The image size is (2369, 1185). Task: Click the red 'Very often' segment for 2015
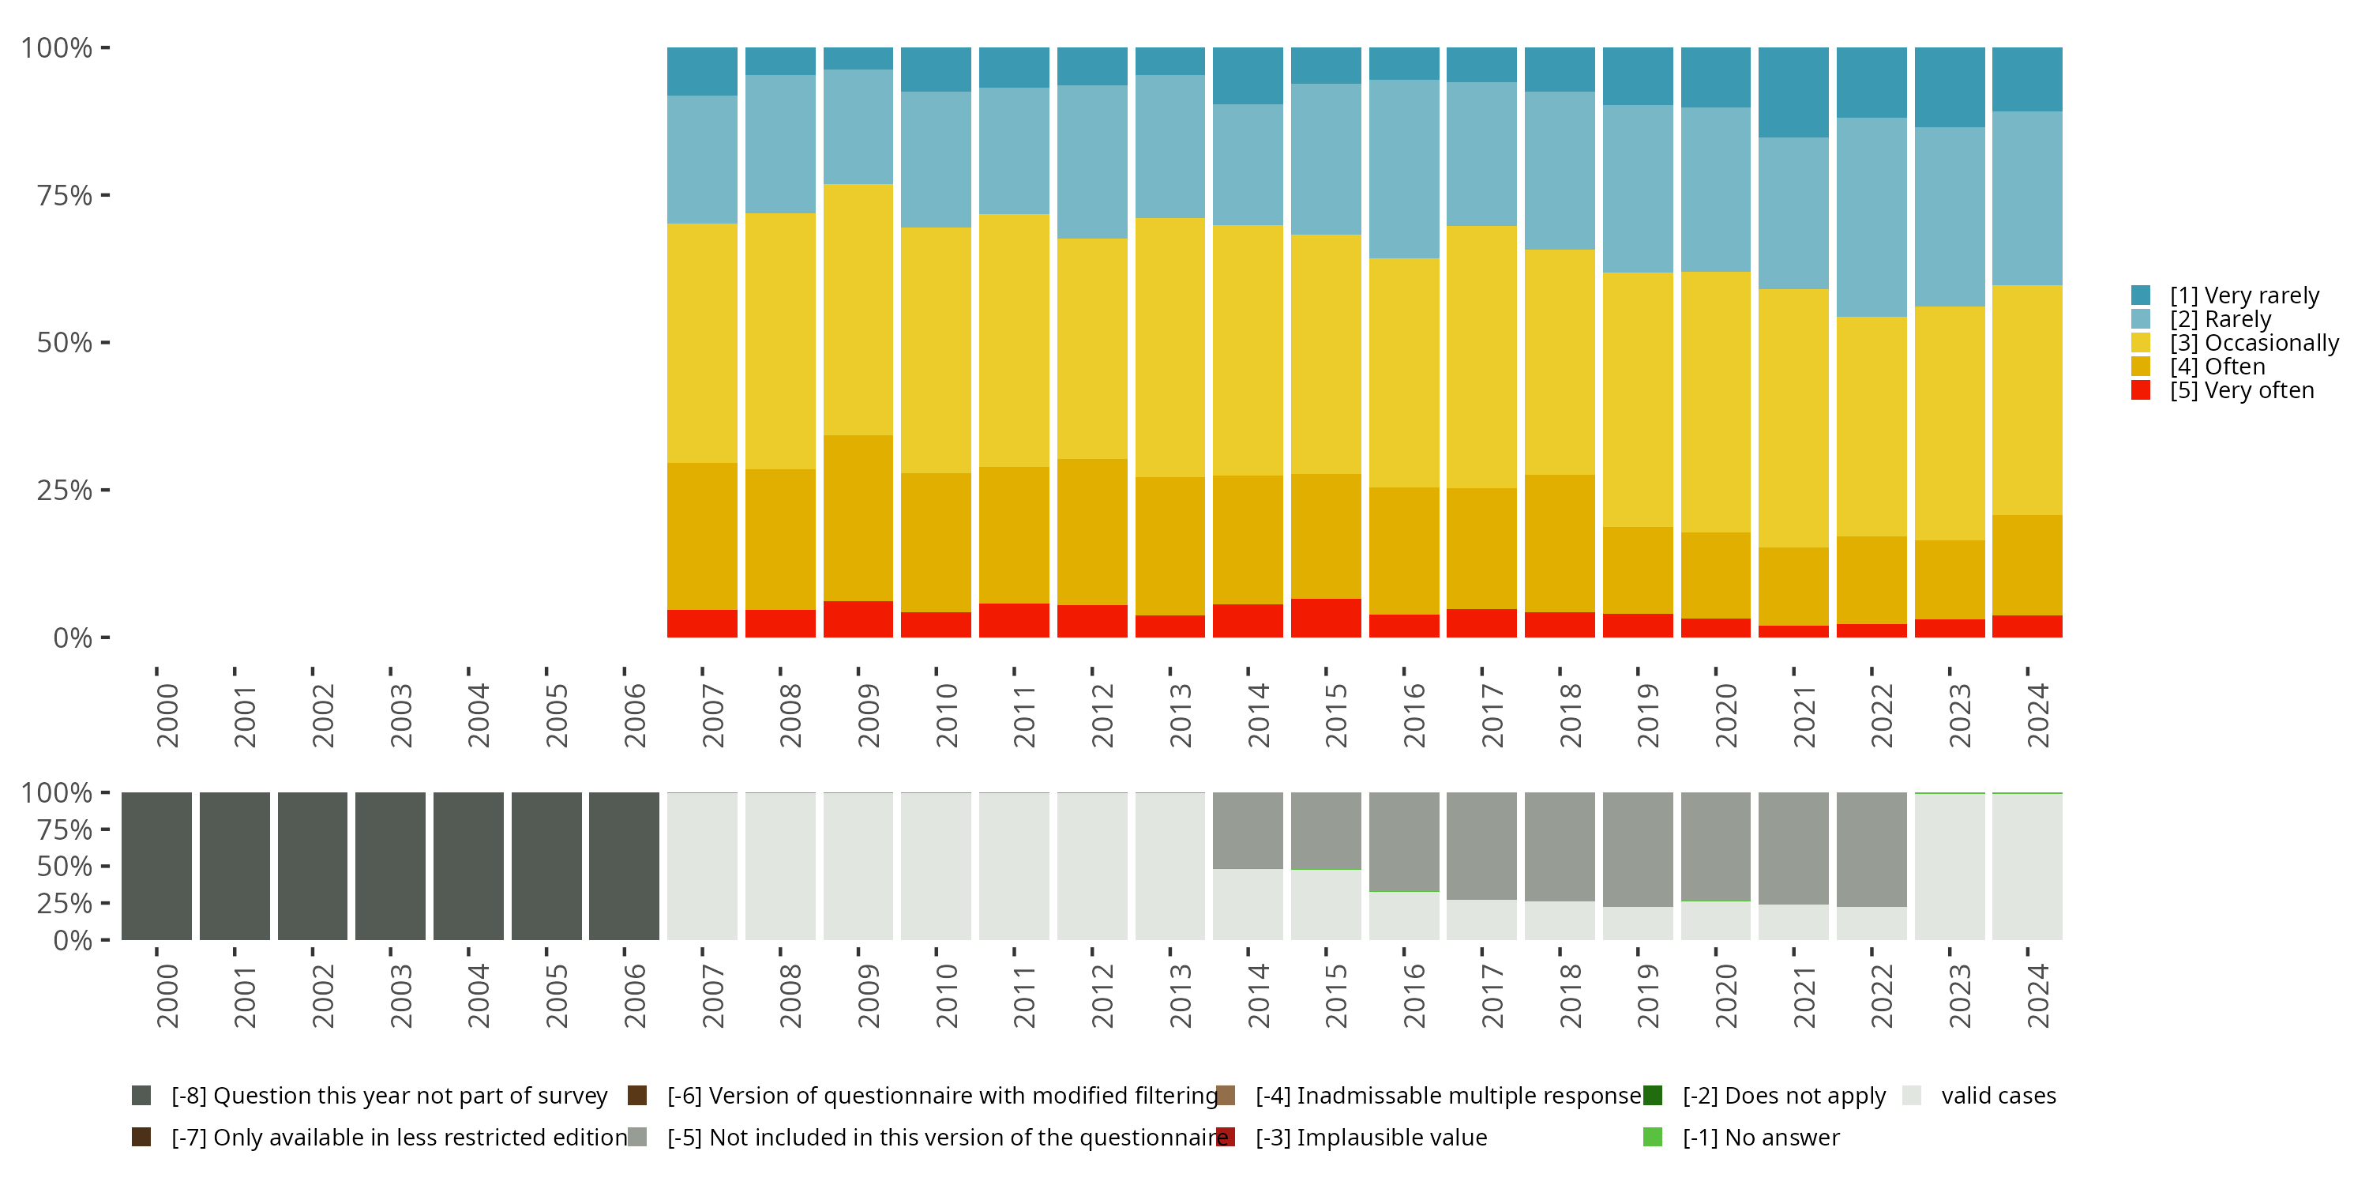[1325, 619]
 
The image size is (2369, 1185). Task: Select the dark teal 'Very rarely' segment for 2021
[1793, 92]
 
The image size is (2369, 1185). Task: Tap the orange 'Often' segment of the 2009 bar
[858, 518]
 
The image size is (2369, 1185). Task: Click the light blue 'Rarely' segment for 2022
[1872, 217]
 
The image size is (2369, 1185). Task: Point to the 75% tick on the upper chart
[65, 195]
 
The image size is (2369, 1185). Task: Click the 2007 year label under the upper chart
[713, 716]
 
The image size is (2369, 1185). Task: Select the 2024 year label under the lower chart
[2038, 995]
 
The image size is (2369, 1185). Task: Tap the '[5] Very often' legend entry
[2241, 390]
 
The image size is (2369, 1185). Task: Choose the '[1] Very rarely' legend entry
[2244, 295]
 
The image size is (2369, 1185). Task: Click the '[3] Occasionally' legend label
[2253, 343]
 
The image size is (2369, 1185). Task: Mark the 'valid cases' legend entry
[1998, 1096]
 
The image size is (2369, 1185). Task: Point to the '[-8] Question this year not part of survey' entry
[388, 1096]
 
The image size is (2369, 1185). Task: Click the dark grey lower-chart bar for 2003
[391, 866]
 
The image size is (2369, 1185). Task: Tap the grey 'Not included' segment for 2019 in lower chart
[1638, 848]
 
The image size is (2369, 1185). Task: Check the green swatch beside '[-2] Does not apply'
[1653, 1096]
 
